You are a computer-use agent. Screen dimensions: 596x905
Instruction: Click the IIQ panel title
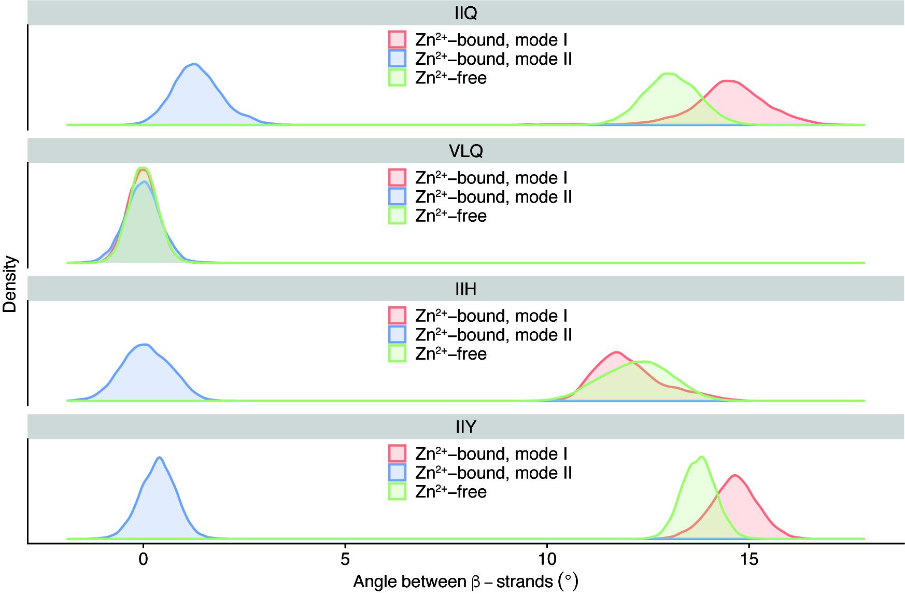pyautogui.click(x=465, y=13)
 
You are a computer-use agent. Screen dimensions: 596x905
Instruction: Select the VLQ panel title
pyautogui.click(x=465, y=151)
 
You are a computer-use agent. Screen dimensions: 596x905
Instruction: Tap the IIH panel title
pyautogui.click(x=465, y=289)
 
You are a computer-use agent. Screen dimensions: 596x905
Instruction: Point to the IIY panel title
pyautogui.click(x=465, y=427)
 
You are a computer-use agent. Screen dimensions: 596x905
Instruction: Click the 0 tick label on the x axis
pyautogui.click(x=143, y=560)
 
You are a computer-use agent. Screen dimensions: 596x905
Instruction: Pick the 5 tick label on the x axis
pyautogui.click(x=345, y=560)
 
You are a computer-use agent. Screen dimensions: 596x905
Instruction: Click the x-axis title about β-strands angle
pyautogui.click(x=465, y=581)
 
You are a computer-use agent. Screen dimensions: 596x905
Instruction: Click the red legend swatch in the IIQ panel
pyautogui.click(x=397, y=39)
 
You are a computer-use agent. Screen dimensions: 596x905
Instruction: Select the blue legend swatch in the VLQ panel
pyautogui.click(x=397, y=196)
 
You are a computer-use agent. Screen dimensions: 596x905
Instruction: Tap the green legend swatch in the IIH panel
pyautogui.click(x=397, y=353)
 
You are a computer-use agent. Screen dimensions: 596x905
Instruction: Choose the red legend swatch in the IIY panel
pyautogui.click(x=397, y=453)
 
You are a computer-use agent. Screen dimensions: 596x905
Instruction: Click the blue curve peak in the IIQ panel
pyautogui.click(x=194, y=64)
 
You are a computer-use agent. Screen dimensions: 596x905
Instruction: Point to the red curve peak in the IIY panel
pyautogui.click(x=734, y=475)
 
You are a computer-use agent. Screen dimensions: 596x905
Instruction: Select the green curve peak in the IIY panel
pyautogui.click(x=702, y=457)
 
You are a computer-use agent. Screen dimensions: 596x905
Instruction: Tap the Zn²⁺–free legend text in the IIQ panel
pyautogui.click(x=451, y=78)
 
